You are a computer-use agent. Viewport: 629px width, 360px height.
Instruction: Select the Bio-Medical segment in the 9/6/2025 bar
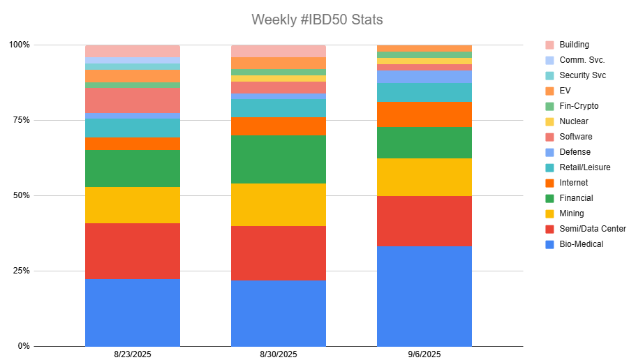coord(424,296)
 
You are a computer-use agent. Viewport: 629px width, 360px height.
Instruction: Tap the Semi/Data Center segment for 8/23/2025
coord(133,250)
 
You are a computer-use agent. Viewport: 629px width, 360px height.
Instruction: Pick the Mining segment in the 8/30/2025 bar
coord(279,204)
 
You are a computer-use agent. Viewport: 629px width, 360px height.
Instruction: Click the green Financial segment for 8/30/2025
coord(279,159)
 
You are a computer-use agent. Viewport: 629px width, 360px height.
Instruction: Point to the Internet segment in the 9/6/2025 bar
coord(424,114)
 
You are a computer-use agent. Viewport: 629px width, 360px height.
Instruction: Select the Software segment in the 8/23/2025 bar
coord(133,100)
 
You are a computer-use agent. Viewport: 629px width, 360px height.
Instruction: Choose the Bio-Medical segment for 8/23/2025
coord(133,312)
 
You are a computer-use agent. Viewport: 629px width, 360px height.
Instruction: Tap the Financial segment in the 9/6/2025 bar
coord(424,142)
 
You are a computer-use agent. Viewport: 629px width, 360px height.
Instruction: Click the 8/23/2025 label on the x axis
coord(132,354)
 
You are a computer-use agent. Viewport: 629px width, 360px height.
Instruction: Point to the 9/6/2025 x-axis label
coord(424,354)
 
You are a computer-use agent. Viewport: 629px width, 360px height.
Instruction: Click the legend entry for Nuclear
coord(574,121)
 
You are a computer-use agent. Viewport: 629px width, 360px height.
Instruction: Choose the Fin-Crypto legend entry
coord(579,106)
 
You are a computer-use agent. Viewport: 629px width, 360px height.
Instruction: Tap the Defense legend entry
coord(575,152)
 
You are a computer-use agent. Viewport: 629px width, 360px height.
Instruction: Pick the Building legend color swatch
coord(549,45)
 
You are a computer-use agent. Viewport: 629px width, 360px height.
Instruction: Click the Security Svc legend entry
coord(582,75)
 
